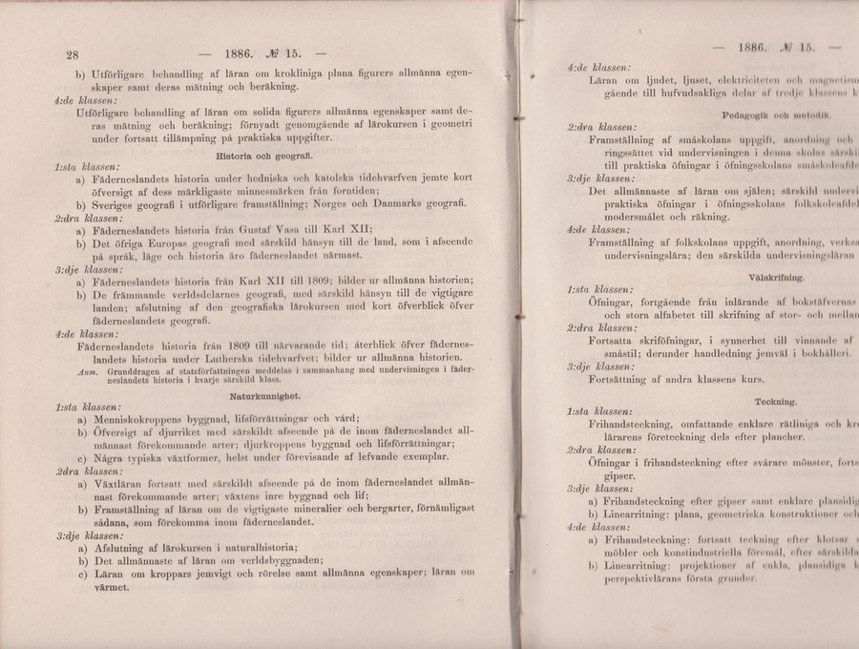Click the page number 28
[70, 53]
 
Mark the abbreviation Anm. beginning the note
[87, 369]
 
